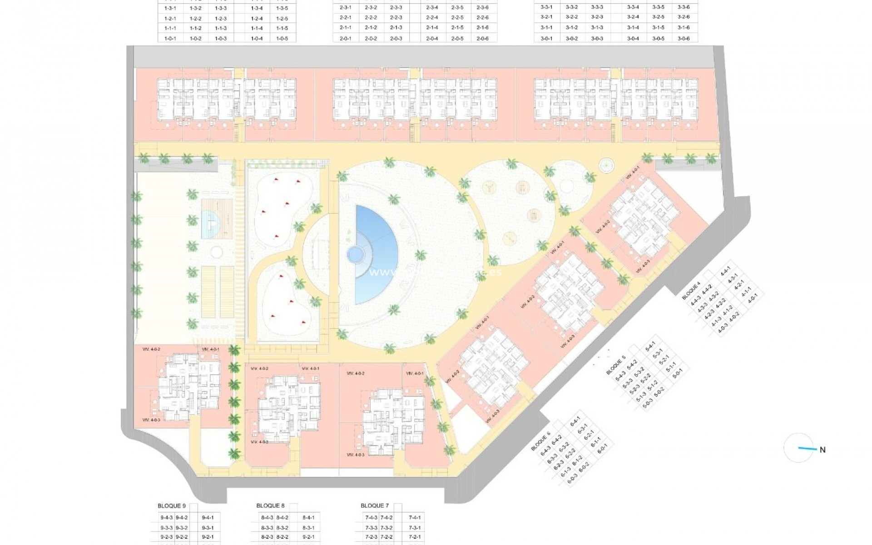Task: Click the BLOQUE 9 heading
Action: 172,506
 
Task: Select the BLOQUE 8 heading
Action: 271,506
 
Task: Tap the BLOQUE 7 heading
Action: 375,506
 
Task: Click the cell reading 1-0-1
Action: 170,39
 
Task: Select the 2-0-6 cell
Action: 483,39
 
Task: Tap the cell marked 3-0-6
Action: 684,39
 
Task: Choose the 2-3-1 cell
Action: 346,8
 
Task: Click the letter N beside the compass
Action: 822,450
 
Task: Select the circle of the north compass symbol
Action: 798,447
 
